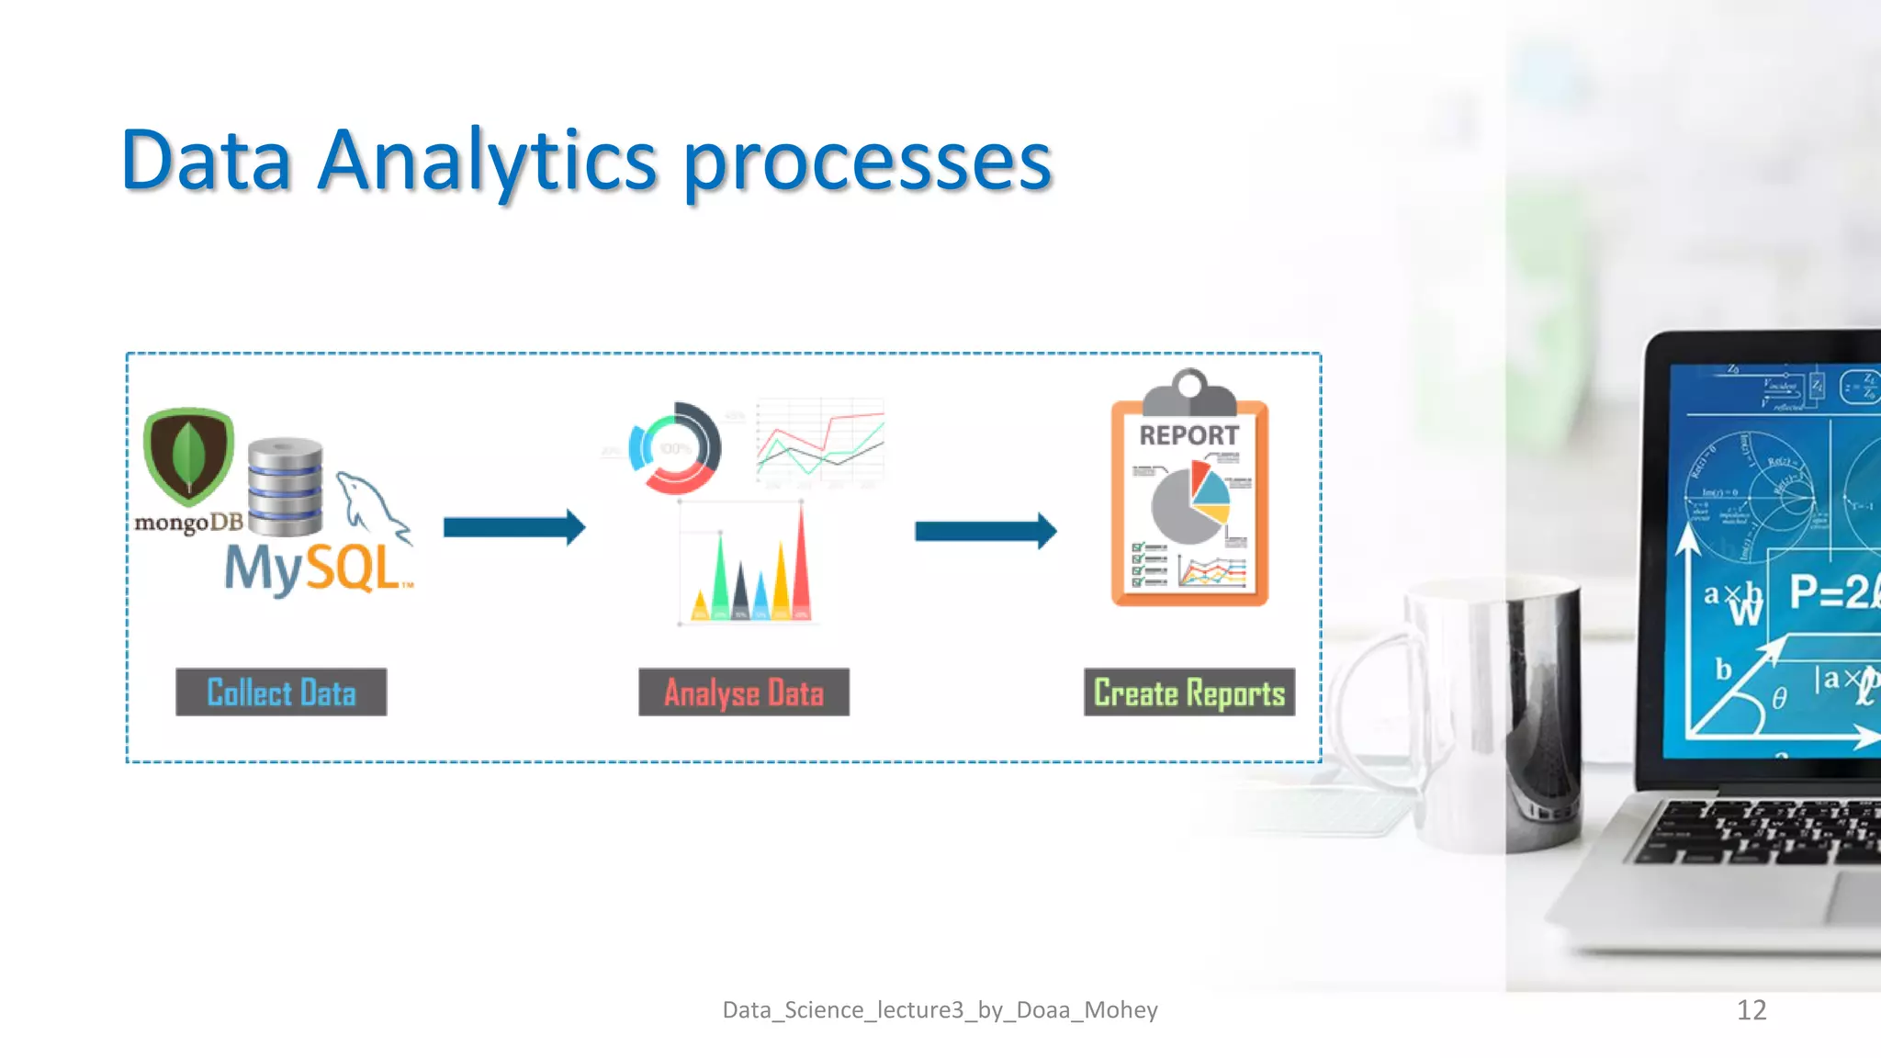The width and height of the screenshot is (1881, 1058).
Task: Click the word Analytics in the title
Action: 487,162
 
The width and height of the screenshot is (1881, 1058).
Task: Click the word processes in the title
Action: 867,163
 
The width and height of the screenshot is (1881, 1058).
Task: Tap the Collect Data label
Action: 281,692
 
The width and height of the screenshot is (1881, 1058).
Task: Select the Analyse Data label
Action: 744,692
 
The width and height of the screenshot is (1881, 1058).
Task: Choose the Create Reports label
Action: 1189,692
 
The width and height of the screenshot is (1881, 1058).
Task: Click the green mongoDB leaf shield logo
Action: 188,456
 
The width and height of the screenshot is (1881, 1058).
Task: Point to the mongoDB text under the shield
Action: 189,523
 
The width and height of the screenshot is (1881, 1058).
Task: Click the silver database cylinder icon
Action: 286,487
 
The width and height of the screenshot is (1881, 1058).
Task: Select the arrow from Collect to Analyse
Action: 513,527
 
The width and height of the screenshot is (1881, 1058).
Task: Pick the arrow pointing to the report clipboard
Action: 985,531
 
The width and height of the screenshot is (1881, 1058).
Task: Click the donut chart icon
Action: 675,448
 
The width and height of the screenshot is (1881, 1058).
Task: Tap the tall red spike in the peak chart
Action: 801,565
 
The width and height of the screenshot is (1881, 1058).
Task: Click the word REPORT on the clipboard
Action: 1189,435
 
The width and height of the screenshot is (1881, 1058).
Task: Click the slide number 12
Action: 1751,1010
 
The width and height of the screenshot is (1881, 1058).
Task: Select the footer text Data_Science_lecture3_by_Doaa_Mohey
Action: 940,1010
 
